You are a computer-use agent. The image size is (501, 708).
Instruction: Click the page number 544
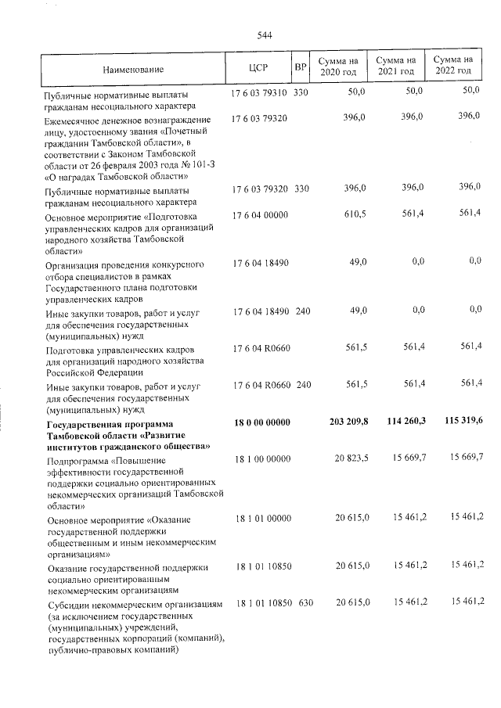(x=264, y=35)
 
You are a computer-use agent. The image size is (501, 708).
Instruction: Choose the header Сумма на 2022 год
(x=453, y=66)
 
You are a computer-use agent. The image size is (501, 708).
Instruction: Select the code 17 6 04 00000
(x=261, y=214)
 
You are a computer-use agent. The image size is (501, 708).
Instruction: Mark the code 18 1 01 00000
(x=261, y=518)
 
